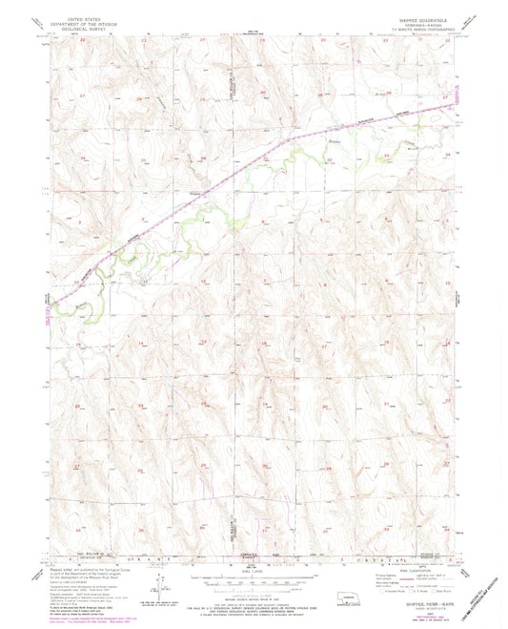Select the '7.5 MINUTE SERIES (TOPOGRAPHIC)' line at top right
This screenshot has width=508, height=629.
pyautogui.click(x=419, y=31)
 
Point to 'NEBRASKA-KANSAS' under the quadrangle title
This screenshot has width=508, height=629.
pyautogui.click(x=419, y=25)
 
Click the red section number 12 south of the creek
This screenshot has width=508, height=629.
pyautogui.click(x=203, y=283)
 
